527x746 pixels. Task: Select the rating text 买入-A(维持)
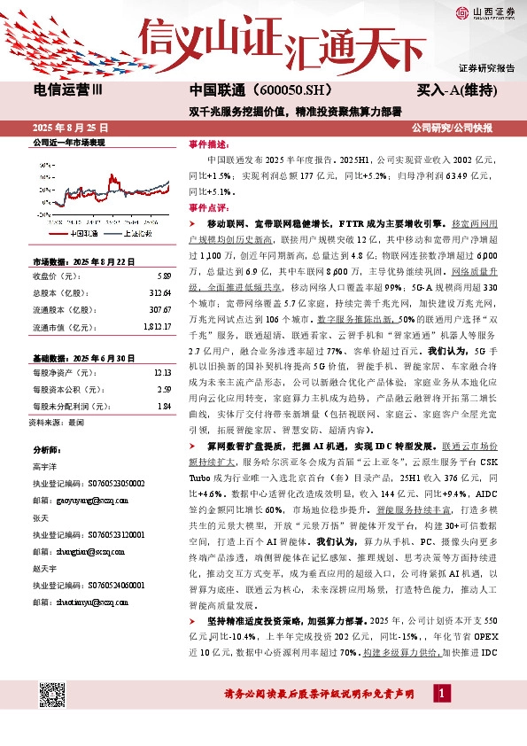(454, 90)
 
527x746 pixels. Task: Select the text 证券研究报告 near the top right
(486, 68)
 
